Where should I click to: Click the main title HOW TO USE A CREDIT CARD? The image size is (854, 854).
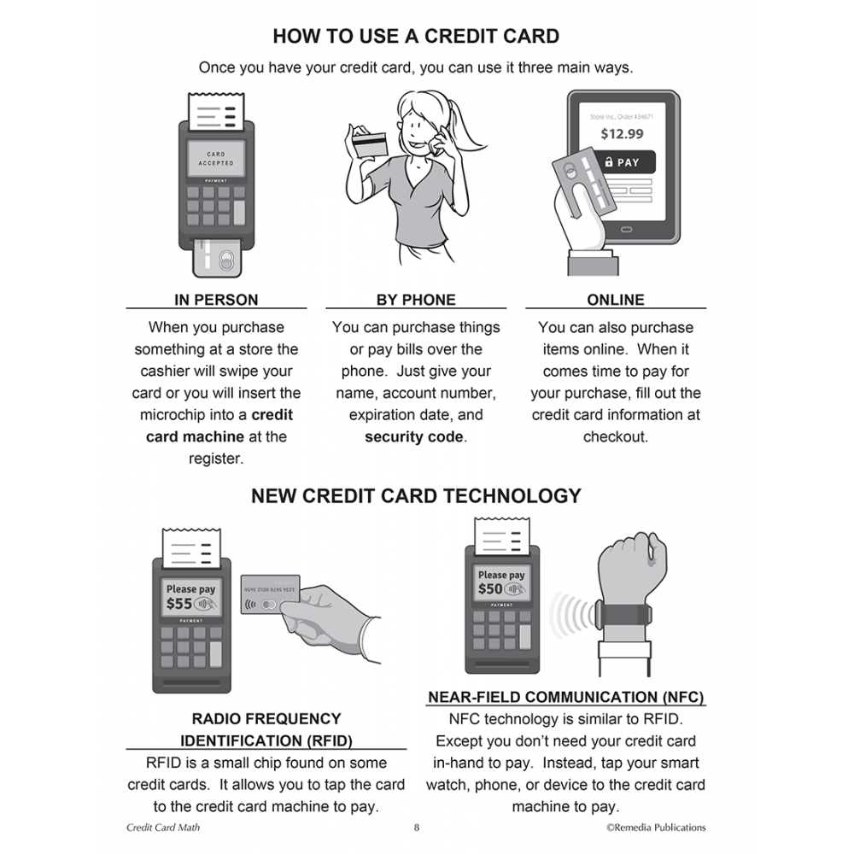pos(416,36)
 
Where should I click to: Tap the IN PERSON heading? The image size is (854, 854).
pos(216,300)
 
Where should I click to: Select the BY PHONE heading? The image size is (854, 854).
pos(416,300)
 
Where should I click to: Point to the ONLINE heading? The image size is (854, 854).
pos(616,300)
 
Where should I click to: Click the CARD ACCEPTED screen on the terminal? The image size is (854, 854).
pos(216,159)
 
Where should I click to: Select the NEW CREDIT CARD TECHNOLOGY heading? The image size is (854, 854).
pos(416,495)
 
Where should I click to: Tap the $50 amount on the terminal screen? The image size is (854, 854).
pos(490,588)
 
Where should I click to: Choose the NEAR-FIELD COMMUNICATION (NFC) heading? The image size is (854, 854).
pos(565,697)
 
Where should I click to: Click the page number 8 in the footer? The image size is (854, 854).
pos(416,828)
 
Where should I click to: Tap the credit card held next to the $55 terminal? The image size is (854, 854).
pos(271,594)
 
